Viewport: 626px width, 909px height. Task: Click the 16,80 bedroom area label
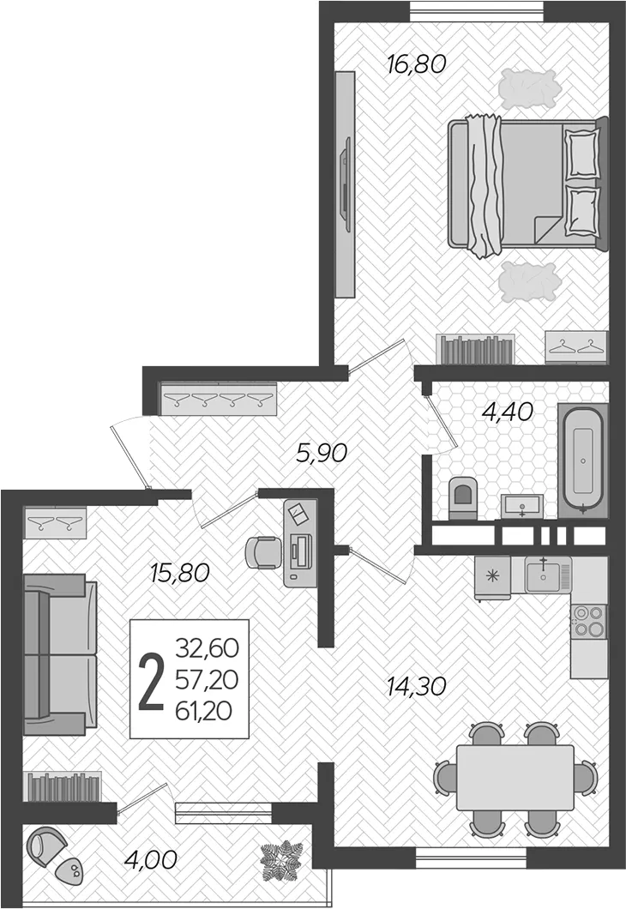pos(416,63)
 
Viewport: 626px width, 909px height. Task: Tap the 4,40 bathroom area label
pos(508,412)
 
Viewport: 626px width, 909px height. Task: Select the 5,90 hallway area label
pos(321,453)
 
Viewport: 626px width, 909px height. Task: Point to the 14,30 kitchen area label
pos(416,686)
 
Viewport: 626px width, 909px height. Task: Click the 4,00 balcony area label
pos(151,859)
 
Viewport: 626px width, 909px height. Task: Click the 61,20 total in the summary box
pos(204,711)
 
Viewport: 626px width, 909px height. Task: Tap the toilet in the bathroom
pos(462,497)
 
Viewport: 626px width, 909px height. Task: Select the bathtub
pos(582,461)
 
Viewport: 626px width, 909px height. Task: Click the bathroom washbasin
pos(522,505)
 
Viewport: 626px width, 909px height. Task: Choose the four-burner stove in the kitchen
pos(588,621)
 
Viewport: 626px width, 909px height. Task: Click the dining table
pos(515,778)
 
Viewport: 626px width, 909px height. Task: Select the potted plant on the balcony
pos(281,860)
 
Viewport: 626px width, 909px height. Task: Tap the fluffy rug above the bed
pos(530,88)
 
